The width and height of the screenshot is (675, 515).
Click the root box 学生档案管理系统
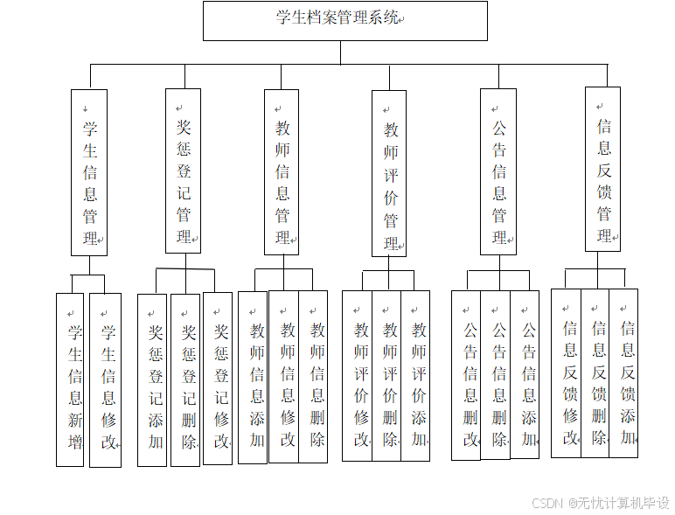coord(344,20)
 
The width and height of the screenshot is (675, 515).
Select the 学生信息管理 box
coord(89,172)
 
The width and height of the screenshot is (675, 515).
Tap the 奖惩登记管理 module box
coord(183,171)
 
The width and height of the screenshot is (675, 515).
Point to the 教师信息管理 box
coord(282,172)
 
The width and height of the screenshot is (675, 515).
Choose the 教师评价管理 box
coord(389,173)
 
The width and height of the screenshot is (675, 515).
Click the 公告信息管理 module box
coord(498,171)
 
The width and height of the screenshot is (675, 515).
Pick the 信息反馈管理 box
coord(603,169)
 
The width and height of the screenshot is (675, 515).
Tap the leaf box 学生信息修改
coord(106,380)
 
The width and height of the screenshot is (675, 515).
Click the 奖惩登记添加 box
coord(152,380)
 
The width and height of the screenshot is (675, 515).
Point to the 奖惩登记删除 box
coord(185,380)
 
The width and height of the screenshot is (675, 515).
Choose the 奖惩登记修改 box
coord(218,378)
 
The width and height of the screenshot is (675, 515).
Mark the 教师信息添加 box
coord(253,377)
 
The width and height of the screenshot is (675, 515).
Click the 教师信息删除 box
coord(313,376)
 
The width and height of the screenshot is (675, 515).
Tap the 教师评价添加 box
coord(415,376)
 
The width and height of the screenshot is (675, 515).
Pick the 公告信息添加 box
coord(525,376)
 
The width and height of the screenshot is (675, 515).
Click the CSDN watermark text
coord(600,503)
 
